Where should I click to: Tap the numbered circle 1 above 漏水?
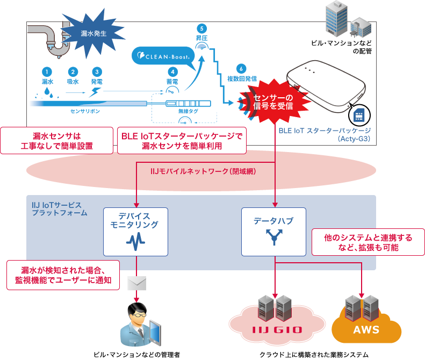(47, 71)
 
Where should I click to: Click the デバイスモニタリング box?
(136, 232)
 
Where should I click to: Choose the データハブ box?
(275, 232)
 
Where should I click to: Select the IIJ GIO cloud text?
(277, 329)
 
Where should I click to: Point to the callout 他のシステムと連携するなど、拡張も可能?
(368, 242)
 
